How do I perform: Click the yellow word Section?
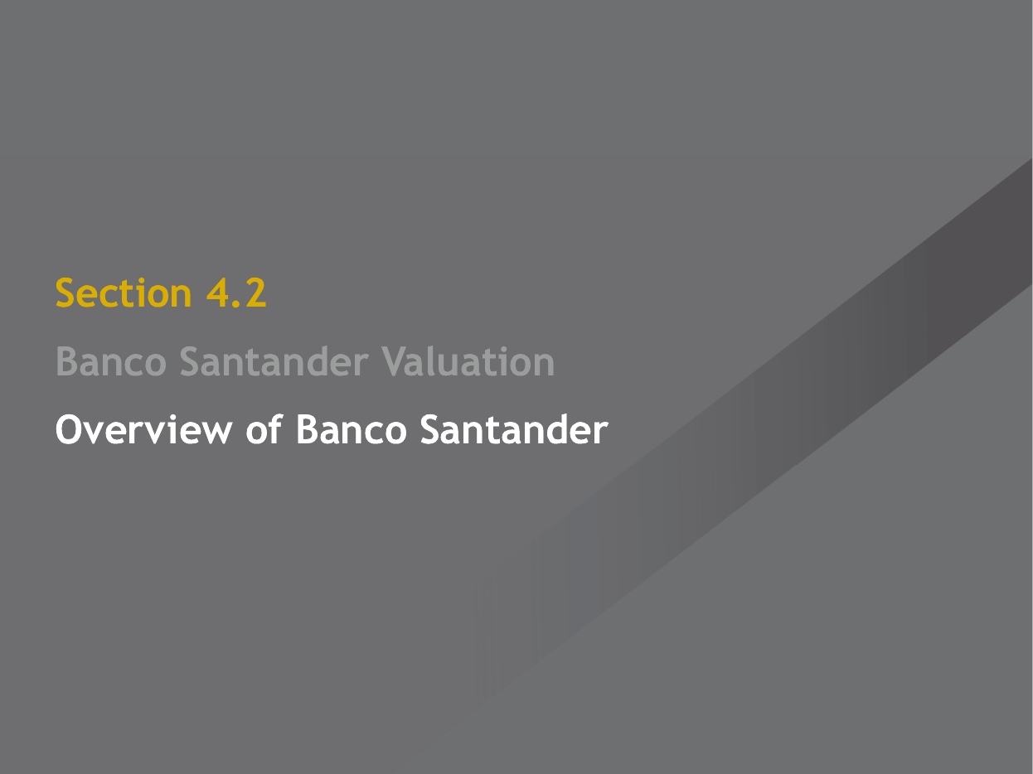(x=124, y=293)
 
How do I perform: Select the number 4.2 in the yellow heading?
(x=236, y=293)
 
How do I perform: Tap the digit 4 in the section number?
(x=217, y=293)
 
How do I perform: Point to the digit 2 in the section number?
(x=255, y=293)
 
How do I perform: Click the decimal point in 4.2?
(x=235, y=305)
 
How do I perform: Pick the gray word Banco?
(x=111, y=361)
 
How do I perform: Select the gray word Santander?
(x=274, y=361)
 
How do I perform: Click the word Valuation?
(x=468, y=361)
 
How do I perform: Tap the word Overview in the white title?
(x=144, y=429)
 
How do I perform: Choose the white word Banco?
(x=351, y=429)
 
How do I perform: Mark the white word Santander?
(x=514, y=429)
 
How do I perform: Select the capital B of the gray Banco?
(x=66, y=361)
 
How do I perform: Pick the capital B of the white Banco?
(x=307, y=429)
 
